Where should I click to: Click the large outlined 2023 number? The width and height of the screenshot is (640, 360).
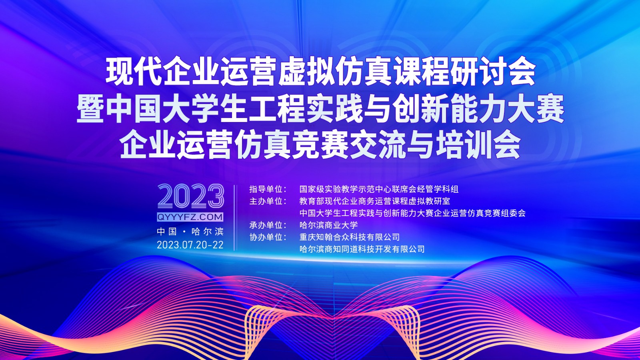190,196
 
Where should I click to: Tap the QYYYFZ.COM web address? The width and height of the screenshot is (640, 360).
190,217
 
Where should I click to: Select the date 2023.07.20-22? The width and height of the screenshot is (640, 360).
190,245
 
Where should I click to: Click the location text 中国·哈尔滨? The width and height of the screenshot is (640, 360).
190,232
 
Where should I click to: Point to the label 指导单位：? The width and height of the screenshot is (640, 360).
268,189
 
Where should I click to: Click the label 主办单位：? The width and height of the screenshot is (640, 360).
268,201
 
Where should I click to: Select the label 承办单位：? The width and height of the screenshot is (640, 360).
268,225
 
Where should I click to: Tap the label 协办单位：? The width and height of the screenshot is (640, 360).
268,237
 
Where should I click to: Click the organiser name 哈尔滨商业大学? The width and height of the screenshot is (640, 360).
328,225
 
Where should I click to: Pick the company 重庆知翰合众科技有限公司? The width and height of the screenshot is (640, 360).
350,237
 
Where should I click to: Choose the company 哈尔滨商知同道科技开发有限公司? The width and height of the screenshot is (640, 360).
362,249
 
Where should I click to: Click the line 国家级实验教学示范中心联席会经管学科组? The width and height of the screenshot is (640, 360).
379,189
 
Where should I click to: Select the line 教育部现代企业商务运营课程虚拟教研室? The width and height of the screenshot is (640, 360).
374,201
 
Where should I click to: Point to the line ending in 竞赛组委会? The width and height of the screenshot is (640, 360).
412,213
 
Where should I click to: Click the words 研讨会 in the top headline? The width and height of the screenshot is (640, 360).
493,72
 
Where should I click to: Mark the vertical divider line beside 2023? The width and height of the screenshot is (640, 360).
234,218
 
